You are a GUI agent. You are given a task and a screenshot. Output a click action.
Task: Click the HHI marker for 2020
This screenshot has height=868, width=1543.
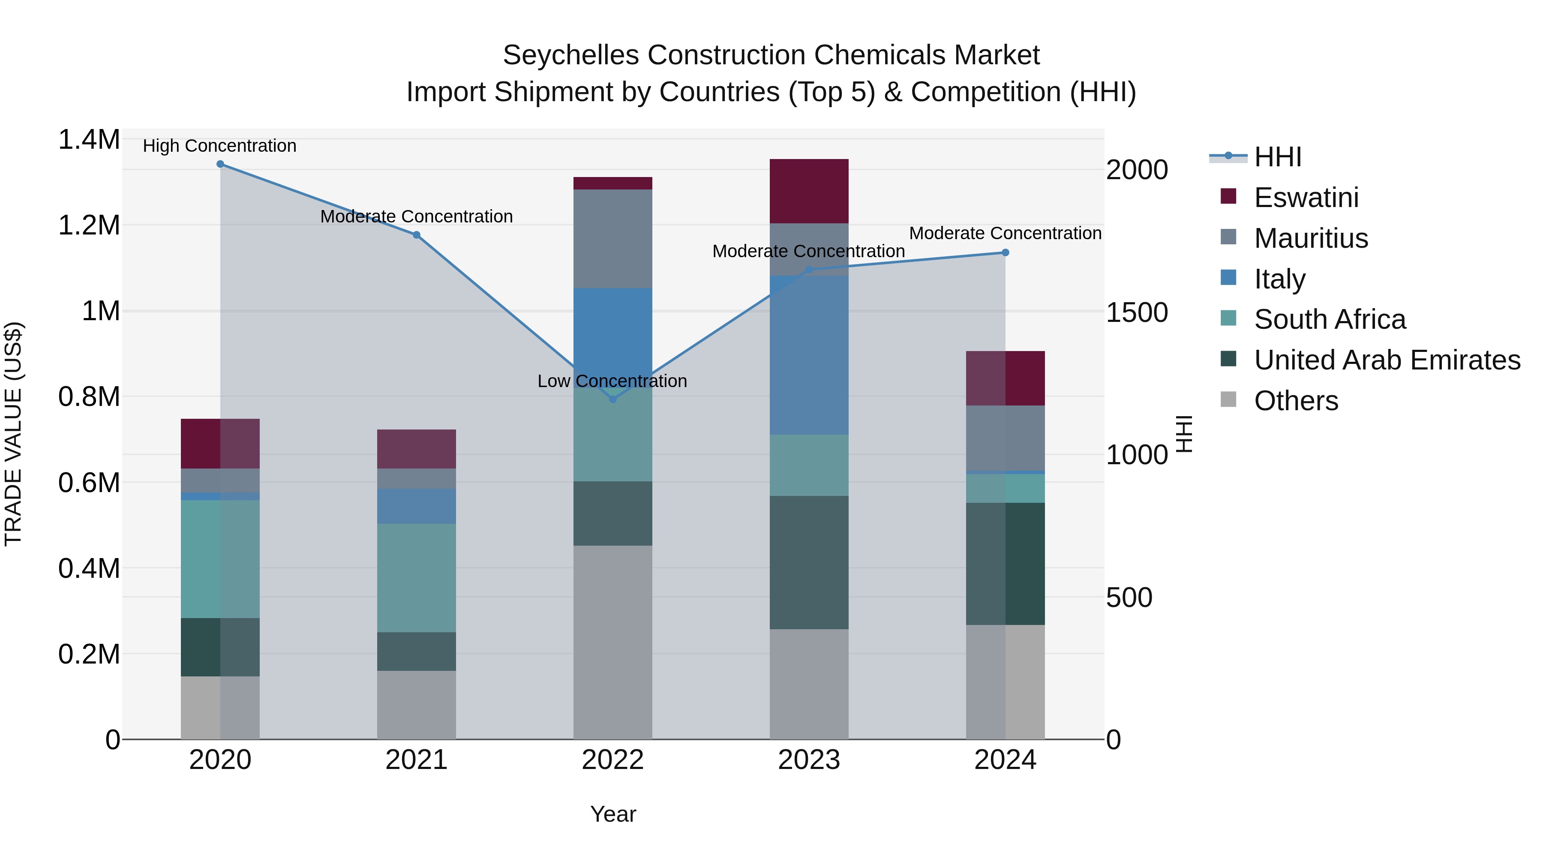click(x=220, y=164)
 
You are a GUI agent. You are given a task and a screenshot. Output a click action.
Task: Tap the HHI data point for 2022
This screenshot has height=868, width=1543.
click(x=613, y=399)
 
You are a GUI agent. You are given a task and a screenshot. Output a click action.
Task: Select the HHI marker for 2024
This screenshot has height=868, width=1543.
click(x=1005, y=253)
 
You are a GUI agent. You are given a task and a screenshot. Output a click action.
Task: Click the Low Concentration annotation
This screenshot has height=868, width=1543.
click(x=612, y=381)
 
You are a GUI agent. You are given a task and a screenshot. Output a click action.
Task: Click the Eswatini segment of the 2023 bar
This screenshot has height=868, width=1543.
click(x=809, y=191)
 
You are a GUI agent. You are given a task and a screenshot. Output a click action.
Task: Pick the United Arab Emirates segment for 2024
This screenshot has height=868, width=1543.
click(x=1005, y=564)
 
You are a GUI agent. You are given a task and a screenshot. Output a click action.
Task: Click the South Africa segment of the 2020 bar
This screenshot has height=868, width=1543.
click(x=220, y=559)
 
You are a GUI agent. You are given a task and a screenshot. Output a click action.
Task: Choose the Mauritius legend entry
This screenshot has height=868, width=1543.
click(x=1311, y=238)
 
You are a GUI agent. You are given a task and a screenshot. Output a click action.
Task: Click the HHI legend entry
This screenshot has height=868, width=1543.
click(x=1277, y=157)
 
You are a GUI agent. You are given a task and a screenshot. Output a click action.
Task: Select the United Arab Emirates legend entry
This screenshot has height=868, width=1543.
click(x=1387, y=360)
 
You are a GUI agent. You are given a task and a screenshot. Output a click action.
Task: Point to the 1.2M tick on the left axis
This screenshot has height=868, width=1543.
click(x=89, y=226)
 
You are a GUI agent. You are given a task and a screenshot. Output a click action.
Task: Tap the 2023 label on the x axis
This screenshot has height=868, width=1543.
click(x=809, y=760)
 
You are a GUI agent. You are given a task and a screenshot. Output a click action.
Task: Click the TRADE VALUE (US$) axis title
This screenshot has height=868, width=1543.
click(x=14, y=434)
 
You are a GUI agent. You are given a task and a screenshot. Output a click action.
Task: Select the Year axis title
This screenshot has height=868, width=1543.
click(x=613, y=814)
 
